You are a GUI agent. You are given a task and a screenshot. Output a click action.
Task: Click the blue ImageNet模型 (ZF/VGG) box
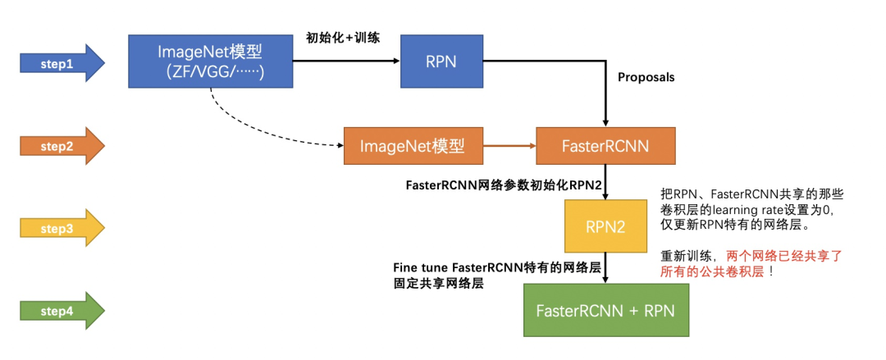209,62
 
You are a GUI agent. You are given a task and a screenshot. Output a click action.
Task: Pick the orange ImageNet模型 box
412,146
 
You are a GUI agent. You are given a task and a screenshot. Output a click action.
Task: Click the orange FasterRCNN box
605,146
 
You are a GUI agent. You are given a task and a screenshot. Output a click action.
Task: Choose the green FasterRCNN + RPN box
605,310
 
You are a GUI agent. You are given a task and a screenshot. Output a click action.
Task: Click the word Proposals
646,77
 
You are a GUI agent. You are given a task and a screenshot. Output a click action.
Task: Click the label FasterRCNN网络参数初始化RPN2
505,185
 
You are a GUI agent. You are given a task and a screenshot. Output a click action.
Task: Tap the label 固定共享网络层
438,284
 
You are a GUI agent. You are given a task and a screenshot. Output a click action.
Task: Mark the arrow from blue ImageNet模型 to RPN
345,62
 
